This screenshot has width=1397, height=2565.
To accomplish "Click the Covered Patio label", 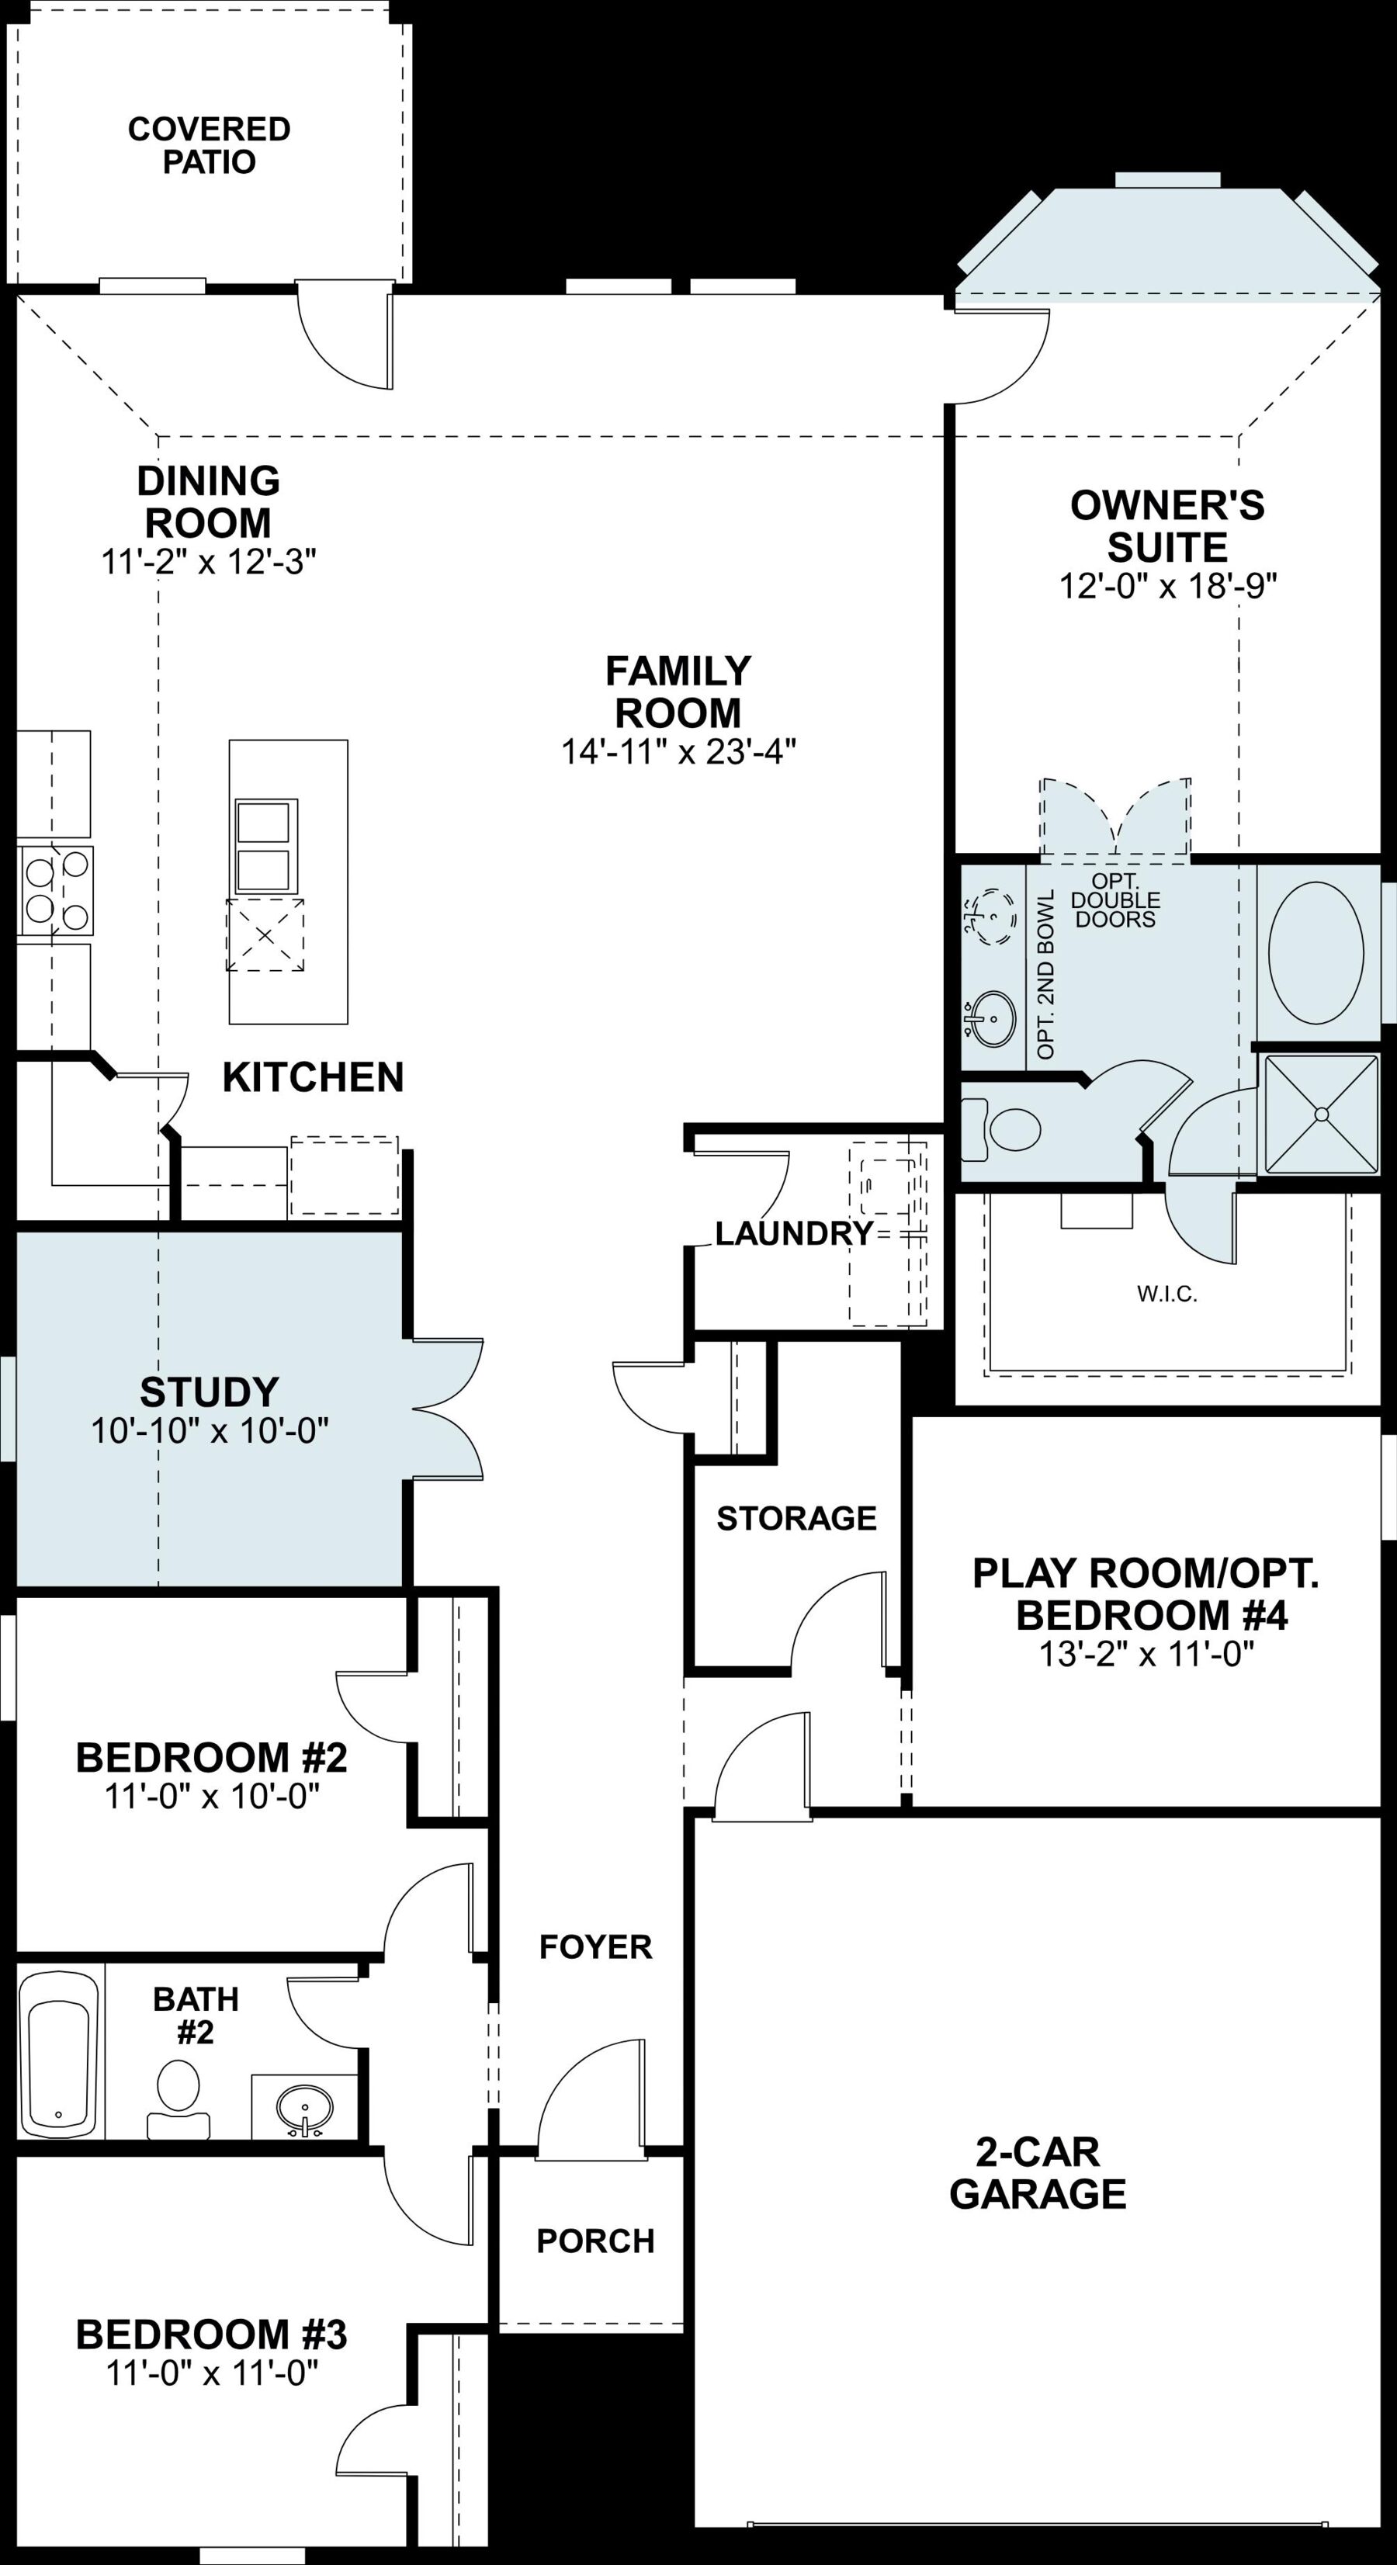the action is (x=209, y=145).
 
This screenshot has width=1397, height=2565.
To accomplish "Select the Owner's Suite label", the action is (x=1167, y=527).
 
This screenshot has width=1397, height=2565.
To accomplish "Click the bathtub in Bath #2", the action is (x=61, y=2054).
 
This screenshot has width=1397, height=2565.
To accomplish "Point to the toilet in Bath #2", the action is (x=179, y=2099).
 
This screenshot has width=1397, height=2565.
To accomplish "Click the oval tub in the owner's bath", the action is (x=1316, y=952).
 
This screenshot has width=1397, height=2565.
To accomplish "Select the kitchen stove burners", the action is (x=56, y=890).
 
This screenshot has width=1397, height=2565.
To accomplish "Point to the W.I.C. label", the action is (x=1167, y=1295).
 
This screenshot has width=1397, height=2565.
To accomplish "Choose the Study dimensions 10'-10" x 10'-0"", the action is (x=210, y=1431).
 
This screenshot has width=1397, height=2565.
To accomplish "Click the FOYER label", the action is (x=595, y=1946).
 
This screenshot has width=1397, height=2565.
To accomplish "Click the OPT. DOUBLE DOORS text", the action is (x=1115, y=900).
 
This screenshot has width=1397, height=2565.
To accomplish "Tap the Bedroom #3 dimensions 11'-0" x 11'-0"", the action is (x=212, y=2373).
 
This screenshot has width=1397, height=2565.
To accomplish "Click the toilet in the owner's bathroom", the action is (x=1000, y=1129).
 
